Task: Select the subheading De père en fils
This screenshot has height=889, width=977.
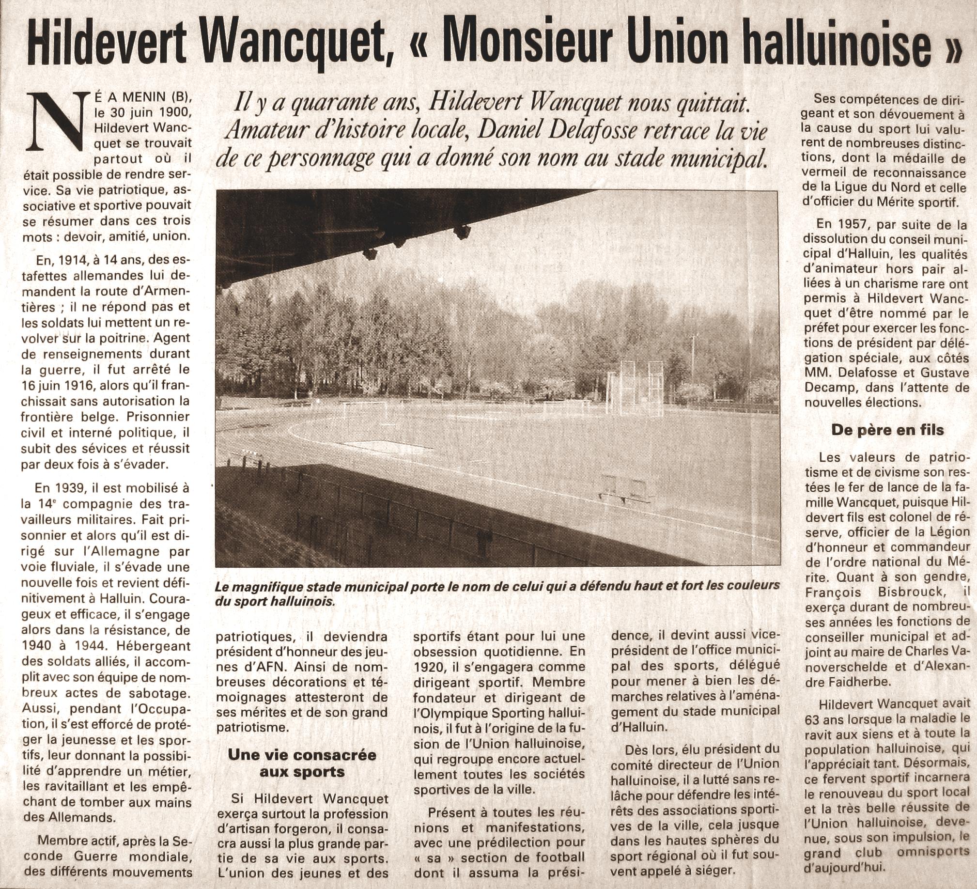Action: pyautogui.click(x=887, y=430)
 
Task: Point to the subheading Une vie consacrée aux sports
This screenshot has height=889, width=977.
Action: pyautogui.click(x=302, y=764)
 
